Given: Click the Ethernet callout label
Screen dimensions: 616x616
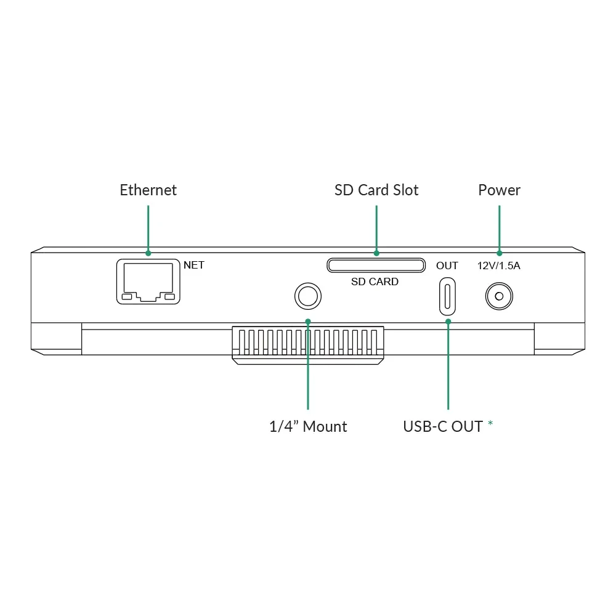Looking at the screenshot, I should [148, 190].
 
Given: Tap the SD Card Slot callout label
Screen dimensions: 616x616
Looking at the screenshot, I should [376, 190].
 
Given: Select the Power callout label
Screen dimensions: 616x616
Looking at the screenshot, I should [499, 190].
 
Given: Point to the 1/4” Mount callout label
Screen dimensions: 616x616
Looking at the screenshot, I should [308, 426].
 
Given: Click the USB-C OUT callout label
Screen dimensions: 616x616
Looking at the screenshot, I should [442, 426].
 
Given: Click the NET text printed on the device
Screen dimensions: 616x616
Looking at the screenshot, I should [194, 265].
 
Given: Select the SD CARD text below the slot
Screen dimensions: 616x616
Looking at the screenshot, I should [375, 282].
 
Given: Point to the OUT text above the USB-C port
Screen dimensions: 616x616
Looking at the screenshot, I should [447, 265].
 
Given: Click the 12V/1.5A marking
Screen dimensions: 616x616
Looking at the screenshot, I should [499, 266].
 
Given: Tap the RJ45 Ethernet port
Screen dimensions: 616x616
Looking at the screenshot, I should [148, 282].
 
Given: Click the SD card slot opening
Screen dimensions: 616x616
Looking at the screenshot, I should [376, 265].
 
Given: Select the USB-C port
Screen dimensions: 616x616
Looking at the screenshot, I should [447, 296].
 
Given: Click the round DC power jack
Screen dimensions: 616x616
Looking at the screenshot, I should [499, 296].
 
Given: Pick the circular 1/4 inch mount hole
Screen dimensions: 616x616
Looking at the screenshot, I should [307, 296].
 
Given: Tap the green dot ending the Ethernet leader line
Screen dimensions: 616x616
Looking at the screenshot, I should [148, 253].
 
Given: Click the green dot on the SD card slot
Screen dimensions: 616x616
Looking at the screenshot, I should [376, 253].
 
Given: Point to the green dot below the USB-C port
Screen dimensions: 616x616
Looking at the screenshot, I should [448, 321].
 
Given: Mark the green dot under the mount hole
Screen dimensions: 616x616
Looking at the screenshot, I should [308, 321].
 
